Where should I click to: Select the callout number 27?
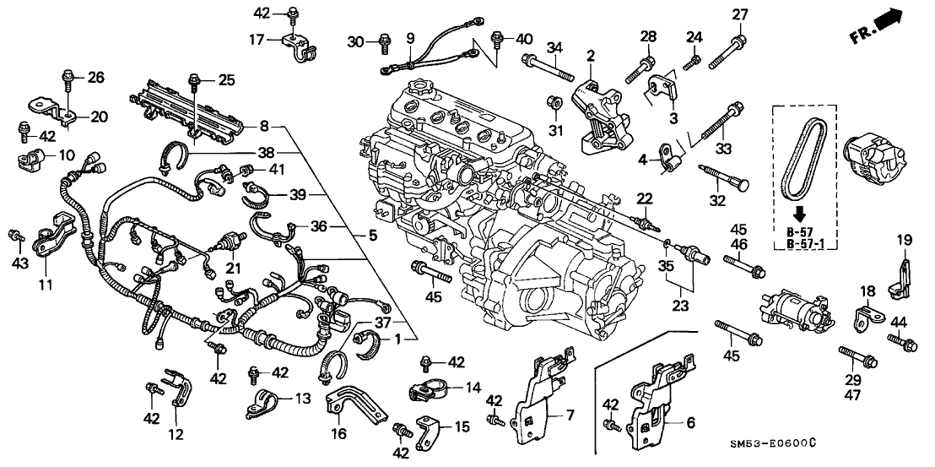[739, 14]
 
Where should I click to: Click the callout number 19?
[903, 240]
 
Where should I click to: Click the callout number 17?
[257, 39]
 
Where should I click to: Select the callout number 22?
[645, 199]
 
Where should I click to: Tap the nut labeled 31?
[555, 104]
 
